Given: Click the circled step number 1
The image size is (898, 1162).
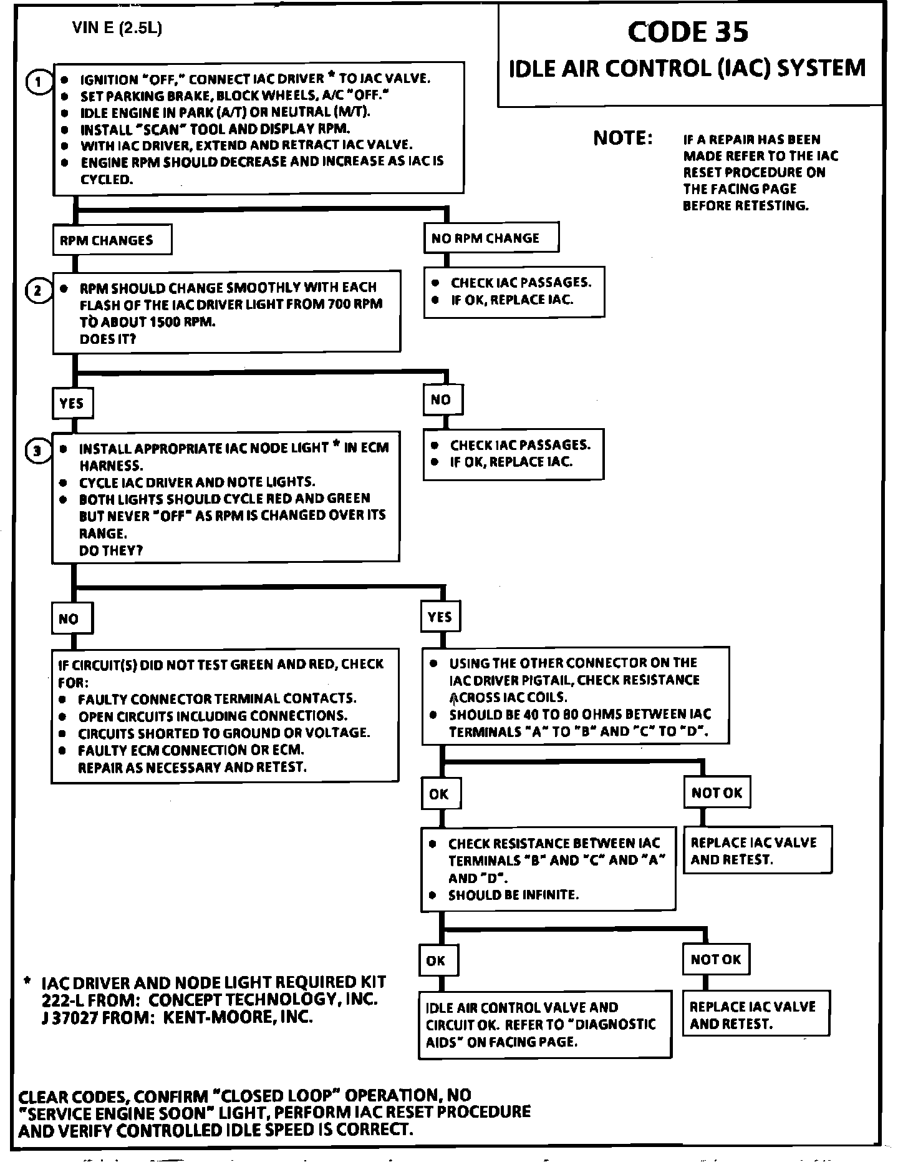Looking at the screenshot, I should coord(39,82).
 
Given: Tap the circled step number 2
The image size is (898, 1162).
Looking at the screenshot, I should coord(38,291).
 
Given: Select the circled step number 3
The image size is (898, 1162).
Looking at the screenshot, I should coord(37,451).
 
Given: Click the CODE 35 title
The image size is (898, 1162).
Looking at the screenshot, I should coord(688,32).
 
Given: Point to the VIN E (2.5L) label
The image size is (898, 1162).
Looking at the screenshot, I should coord(117,28).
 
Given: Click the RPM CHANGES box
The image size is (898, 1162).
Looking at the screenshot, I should coord(112,240).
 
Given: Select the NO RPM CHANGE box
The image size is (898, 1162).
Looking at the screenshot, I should coord(491,238).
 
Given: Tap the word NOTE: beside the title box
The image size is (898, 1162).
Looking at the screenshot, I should coord(623,138).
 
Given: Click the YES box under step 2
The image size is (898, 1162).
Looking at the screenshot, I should coord(72,403).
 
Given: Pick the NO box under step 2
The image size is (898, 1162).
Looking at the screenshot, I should coord(442,400).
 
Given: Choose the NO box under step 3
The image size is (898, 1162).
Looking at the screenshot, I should coord(71,618).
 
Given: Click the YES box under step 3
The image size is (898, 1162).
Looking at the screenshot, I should coord(441,617).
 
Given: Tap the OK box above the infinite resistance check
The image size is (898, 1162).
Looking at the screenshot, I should coord(440,793).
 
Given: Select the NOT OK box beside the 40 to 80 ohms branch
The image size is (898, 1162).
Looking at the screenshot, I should coord(717,793).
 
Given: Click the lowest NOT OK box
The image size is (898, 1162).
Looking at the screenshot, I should coord(715,959).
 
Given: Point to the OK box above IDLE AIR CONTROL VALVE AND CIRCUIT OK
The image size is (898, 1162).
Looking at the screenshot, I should coord(437,960).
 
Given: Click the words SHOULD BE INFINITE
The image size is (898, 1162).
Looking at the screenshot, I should coord(513,895).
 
